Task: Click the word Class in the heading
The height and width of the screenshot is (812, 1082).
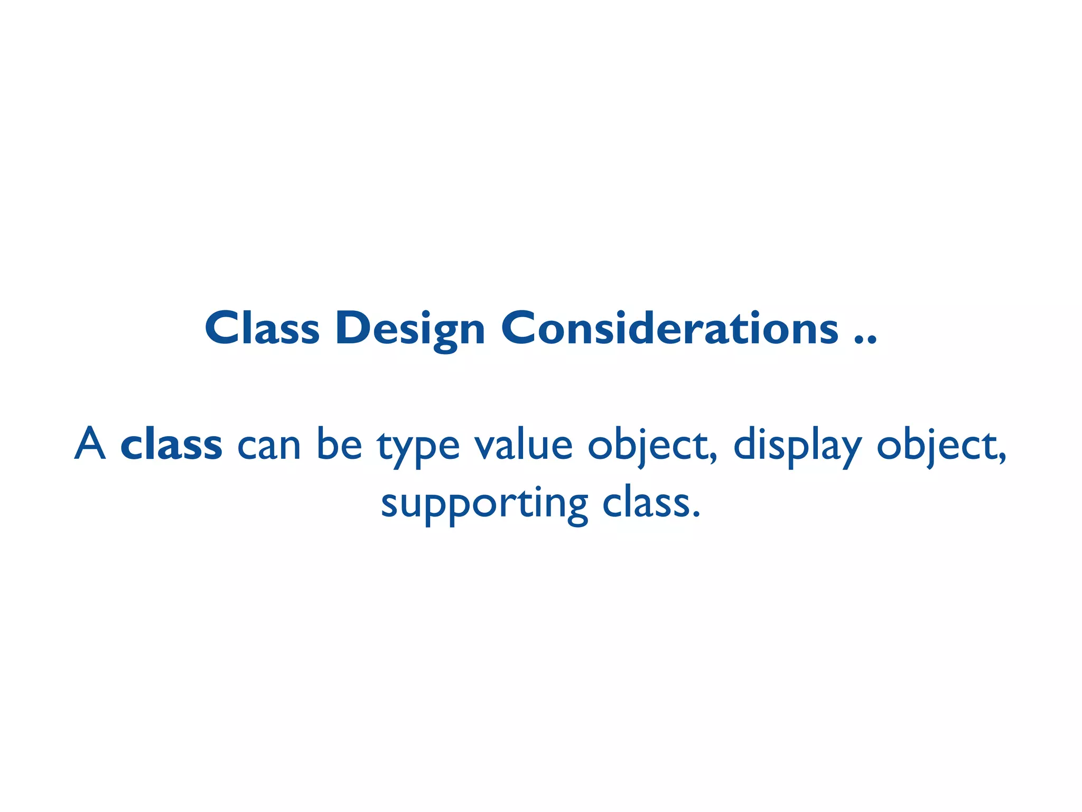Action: tap(262, 328)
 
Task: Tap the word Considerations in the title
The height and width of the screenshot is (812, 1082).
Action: tap(669, 328)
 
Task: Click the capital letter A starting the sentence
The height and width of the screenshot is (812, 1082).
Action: tap(90, 445)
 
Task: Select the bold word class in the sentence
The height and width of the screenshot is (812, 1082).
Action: tap(171, 445)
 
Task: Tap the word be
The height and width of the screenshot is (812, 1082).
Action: tap(339, 445)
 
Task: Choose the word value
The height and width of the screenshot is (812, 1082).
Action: tap(523, 445)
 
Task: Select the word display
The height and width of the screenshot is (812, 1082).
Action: tap(797, 447)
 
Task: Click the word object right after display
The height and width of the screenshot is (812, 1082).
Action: tap(937, 447)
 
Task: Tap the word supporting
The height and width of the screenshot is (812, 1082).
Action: tap(484, 505)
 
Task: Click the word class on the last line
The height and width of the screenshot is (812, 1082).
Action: tap(647, 503)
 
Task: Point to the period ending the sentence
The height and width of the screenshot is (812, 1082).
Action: tap(696, 514)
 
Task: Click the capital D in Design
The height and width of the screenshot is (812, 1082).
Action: tap(352, 328)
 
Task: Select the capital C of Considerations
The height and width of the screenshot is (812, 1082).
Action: tap(520, 328)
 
